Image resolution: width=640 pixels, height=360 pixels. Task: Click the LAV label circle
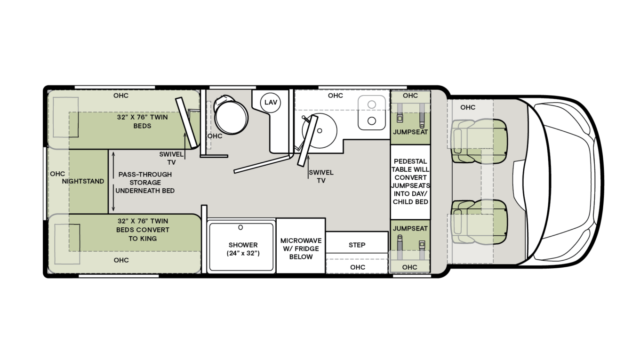(x=271, y=102)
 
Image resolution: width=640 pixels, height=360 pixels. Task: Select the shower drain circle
(x=240, y=228)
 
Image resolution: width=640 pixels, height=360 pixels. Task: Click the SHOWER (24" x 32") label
(x=243, y=249)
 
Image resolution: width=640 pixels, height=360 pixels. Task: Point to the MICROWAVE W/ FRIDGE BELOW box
(x=301, y=248)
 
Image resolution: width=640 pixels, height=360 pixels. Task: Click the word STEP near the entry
(x=357, y=245)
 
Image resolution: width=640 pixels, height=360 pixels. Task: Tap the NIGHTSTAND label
(x=83, y=181)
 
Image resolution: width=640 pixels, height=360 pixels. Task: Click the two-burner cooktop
(x=372, y=113)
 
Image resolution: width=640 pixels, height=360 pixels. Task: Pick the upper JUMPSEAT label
(x=410, y=132)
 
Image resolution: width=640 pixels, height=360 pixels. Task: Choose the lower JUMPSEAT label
(x=410, y=228)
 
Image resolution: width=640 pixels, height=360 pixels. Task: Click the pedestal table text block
(x=410, y=181)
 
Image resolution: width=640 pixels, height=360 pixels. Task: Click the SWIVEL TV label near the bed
(x=168, y=158)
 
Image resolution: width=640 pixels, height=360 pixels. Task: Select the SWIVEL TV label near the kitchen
(x=321, y=176)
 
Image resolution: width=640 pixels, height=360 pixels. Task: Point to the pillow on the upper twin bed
(x=66, y=117)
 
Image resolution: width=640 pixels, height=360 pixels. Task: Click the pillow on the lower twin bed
(x=66, y=244)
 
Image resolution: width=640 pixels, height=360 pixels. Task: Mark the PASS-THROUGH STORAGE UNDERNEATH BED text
(x=145, y=182)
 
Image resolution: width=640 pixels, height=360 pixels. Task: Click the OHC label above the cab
(x=468, y=107)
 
